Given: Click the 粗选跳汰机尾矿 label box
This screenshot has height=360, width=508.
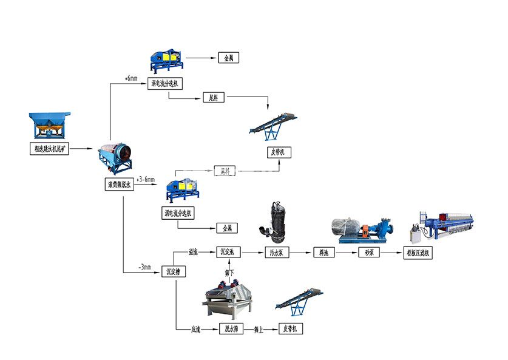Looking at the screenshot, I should pos(51,148).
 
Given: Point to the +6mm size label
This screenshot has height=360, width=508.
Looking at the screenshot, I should pos(130,78).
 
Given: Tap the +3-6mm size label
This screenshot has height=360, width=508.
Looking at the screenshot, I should pos(145,180).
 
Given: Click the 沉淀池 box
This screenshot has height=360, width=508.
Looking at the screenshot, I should pos(229,251).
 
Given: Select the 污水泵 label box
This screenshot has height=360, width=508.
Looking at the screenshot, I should pos(273,251).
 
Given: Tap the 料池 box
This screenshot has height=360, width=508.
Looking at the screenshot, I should pos(321,251).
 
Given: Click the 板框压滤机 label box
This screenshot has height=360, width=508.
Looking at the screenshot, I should pos(418,251).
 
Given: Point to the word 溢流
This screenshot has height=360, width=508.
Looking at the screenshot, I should pos(194,250).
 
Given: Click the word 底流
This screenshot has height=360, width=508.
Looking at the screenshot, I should pos(196,328).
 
